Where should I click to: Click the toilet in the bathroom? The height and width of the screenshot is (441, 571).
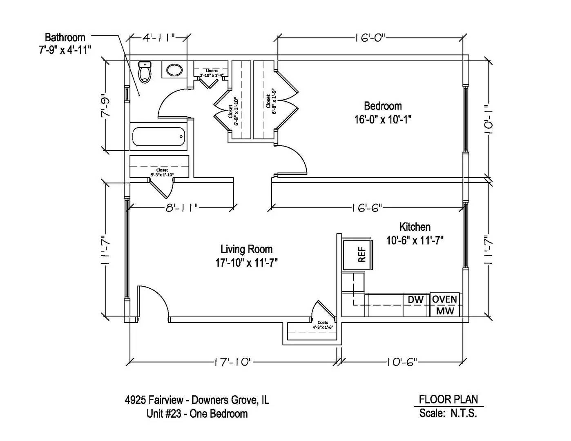(145, 72)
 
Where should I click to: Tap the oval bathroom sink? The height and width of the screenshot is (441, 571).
(175, 70)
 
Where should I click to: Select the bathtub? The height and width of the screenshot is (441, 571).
(158, 136)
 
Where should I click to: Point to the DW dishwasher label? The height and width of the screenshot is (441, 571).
(415, 299)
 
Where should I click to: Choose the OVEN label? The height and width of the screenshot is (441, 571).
(444, 299)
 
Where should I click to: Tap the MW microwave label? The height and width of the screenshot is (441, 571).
(444, 311)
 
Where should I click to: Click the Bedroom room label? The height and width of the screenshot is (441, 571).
(383, 106)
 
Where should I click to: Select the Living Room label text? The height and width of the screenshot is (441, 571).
(246, 249)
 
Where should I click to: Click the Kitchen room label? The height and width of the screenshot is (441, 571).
(415, 227)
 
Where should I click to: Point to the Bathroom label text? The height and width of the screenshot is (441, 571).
(65, 38)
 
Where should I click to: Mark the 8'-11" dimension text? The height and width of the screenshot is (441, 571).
(182, 208)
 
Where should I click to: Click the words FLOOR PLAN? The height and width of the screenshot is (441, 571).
(448, 399)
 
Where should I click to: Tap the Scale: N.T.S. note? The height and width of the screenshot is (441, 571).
(448, 413)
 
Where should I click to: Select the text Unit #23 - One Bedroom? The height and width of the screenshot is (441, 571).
(197, 414)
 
